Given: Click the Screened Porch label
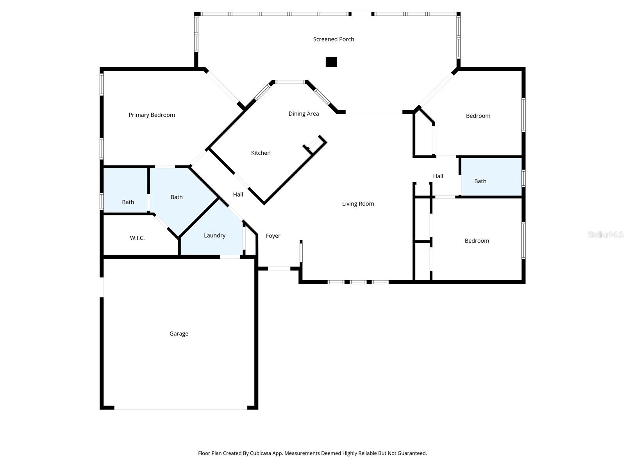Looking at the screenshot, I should [x=334, y=39].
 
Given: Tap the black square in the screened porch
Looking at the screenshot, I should [x=331, y=62].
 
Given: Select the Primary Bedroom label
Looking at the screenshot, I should [x=152, y=115].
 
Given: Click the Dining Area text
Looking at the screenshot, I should [x=304, y=114].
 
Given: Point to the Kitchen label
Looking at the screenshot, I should [x=261, y=153].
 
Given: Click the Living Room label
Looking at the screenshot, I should [x=358, y=204].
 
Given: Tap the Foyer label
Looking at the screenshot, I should [x=273, y=236].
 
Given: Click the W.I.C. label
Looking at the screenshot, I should [x=137, y=238].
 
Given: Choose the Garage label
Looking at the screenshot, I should [x=179, y=334].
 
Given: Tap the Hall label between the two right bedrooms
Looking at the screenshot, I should [x=438, y=176].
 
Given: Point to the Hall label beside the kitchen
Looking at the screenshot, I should [x=238, y=194].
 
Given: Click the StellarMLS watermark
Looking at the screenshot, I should [x=605, y=235].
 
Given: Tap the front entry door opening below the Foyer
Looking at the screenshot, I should [x=279, y=269].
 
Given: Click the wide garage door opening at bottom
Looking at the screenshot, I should [x=180, y=409].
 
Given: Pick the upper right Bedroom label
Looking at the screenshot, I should [x=478, y=116].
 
